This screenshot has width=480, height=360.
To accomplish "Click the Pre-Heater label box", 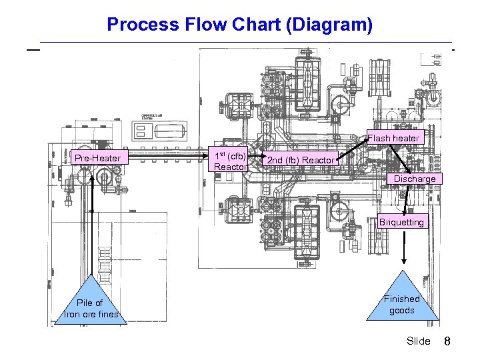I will (x=97, y=158).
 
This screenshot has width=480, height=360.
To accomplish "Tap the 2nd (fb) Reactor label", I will (x=301, y=160).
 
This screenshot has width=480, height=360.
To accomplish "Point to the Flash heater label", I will (x=393, y=138).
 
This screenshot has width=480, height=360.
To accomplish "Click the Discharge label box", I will (x=414, y=179).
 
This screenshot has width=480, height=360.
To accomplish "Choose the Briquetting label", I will (x=401, y=223).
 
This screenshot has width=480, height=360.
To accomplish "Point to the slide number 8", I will (x=448, y=341).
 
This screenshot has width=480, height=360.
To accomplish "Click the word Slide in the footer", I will (x=418, y=341).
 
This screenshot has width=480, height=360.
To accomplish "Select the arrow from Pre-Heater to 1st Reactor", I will (x=167, y=159).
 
